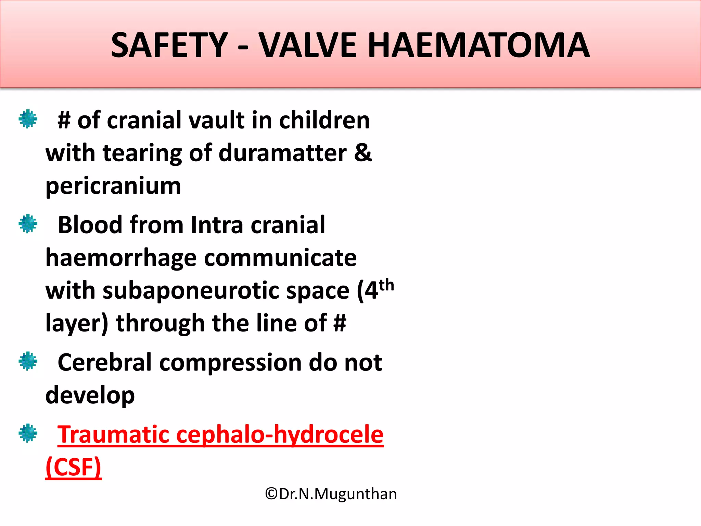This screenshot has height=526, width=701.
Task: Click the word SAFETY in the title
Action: [x=169, y=45]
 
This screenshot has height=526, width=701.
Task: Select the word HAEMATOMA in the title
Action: [x=478, y=45]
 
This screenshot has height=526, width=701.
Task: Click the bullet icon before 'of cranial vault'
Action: [x=28, y=119]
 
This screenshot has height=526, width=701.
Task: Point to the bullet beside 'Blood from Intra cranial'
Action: [x=28, y=224]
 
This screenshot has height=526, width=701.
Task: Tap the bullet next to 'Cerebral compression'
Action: [x=28, y=361]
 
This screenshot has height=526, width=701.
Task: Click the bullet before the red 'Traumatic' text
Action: [x=28, y=433]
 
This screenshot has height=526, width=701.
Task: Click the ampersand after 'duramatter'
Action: [x=363, y=153]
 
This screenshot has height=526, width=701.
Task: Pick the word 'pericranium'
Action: [x=113, y=186]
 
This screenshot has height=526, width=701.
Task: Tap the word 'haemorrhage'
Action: [x=121, y=258]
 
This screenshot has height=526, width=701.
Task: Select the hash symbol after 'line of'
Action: [x=340, y=323]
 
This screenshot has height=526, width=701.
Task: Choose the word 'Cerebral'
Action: [x=104, y=362]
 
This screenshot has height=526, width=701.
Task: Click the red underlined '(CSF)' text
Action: [x=73, y=467]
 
